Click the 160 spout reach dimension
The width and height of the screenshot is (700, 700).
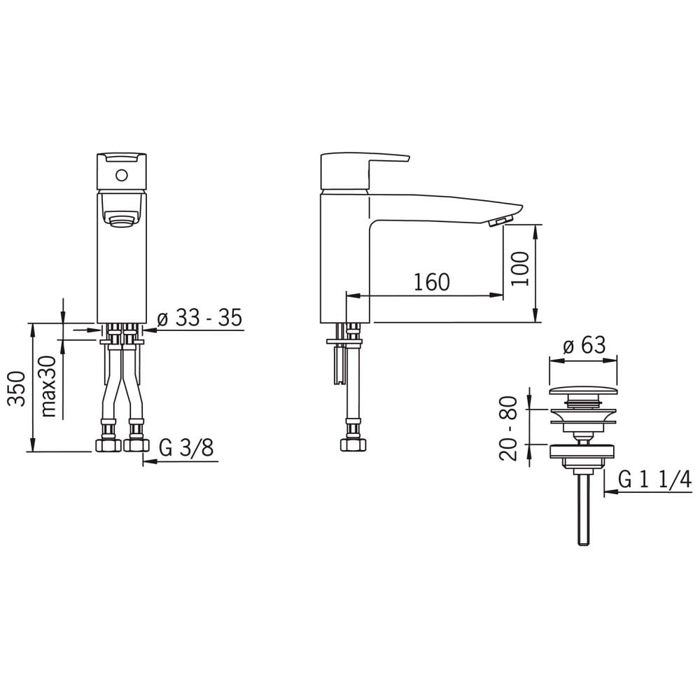[432, 282]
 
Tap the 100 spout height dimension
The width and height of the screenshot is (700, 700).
[519, 269]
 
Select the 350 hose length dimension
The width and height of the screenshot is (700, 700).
[17, 388]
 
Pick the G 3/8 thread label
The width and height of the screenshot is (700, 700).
[187, 447]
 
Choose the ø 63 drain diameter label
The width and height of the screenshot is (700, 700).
[584, 344]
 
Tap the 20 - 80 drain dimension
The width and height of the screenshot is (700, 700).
[508, 428]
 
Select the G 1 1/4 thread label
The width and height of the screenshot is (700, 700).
[655, 480]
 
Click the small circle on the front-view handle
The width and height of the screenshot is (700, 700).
[121, 175]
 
